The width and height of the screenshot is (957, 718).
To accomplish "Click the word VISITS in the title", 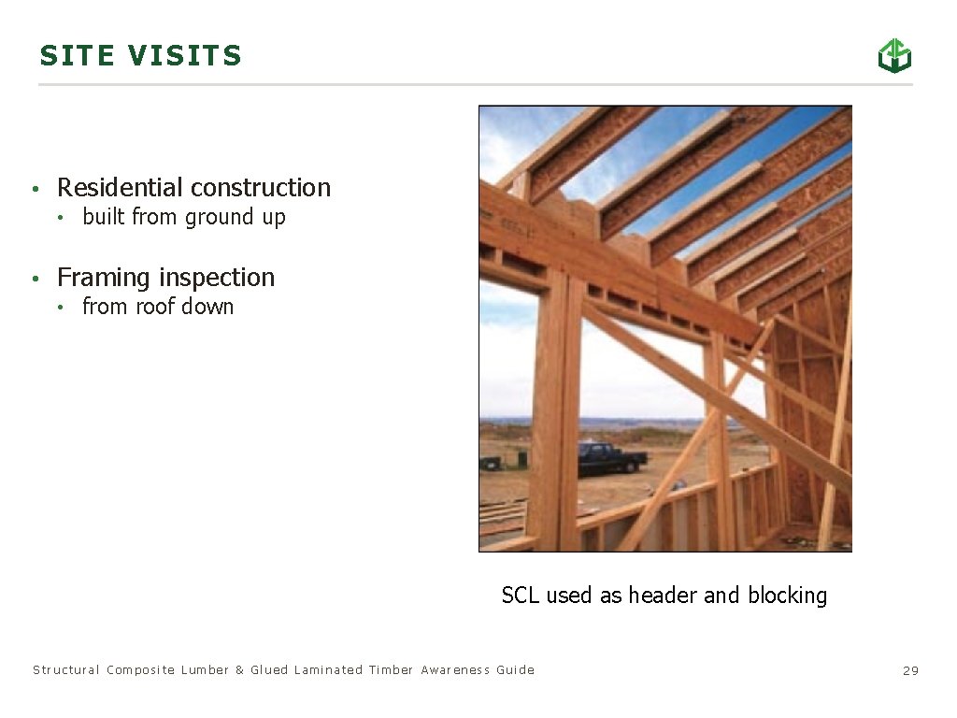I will (185, 56).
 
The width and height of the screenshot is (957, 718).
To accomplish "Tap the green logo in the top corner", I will (893, 56).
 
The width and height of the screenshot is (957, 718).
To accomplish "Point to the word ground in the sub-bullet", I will (216, 218).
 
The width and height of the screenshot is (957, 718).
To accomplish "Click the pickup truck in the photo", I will (611, 457).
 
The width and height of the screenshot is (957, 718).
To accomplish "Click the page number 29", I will (910, 670).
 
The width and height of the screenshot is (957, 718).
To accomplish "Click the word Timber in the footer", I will (391, 670).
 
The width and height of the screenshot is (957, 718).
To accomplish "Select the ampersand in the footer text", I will (240, 670).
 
